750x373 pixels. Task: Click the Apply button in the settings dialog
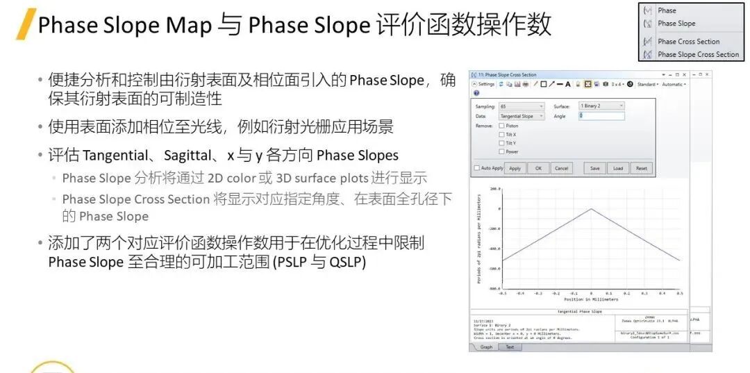coord(515,168)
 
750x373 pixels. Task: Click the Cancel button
coord(561,168)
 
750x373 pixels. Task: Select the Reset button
coord(641,168)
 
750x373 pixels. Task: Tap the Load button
coord(618,168)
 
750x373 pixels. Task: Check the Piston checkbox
coord(501,126)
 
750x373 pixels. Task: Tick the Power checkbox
coord(501,151)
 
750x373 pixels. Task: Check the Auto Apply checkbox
coord(477,168)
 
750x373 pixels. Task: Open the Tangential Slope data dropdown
coord(522,116)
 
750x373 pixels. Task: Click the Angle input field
coord(601,116)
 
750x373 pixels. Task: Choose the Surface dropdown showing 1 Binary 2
coord(601,106)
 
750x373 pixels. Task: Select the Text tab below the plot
coord(510,347)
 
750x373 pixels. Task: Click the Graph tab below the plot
coord(486,347)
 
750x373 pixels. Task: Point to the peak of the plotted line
coord(590,208)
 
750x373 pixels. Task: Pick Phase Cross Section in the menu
coord(688,42)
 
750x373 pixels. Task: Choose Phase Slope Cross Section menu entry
coord(697,54)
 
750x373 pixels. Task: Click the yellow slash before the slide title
coord(26,25)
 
